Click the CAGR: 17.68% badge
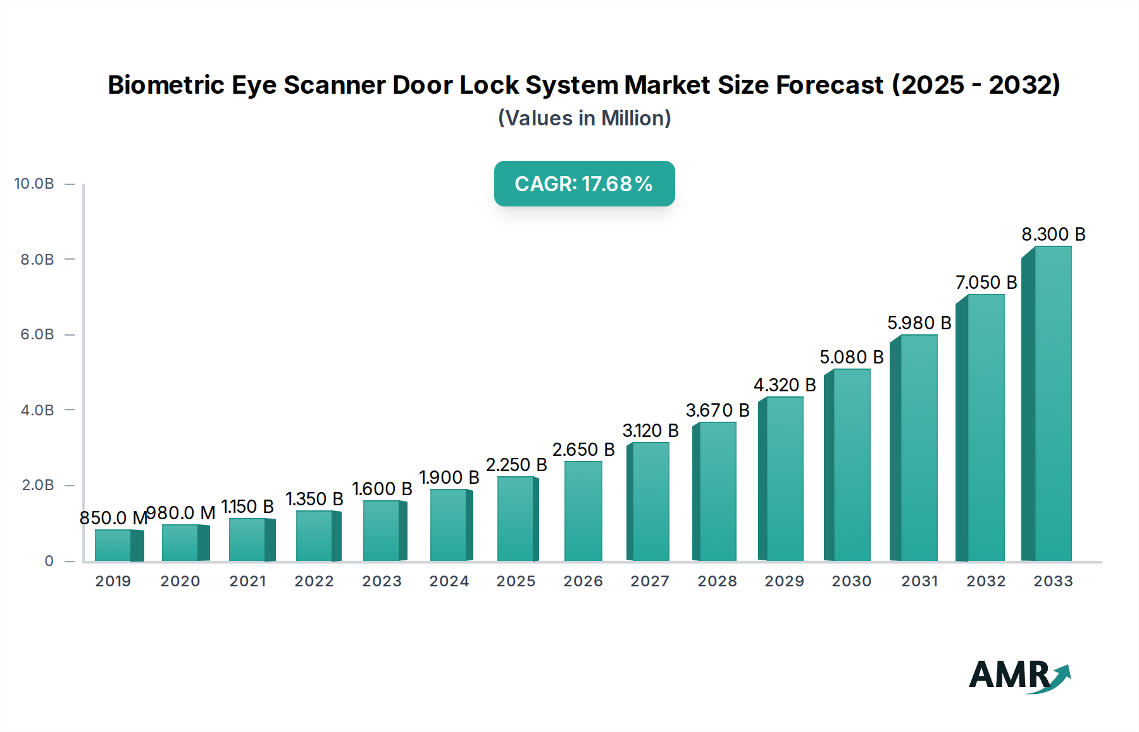coord(584,184)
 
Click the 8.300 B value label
coord(1053,234)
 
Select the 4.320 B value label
coord(784,385)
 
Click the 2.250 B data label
coord(516,465)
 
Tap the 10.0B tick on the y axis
coord(34,184)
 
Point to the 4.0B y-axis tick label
coord(37,410)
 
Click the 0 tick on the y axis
coord(49,561)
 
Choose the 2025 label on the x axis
coord(516,581)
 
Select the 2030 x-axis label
coord(851,581)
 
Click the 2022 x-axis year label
coord(314,581)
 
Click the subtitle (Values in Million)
coord(584,118)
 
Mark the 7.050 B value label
coord(986,282)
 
